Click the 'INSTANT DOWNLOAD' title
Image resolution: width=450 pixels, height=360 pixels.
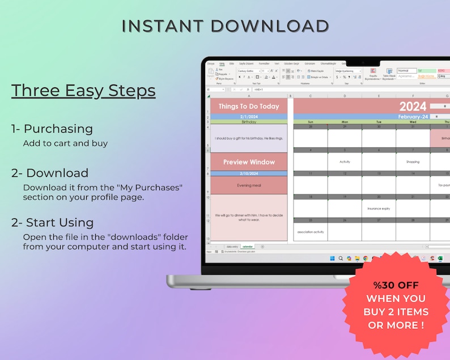point(225,26)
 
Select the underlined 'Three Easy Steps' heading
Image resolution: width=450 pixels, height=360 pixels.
point(83,90)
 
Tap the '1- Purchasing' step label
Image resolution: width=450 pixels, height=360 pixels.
point(52,129)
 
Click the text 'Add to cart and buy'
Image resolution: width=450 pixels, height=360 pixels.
point(65,143)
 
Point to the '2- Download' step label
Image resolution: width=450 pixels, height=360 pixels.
point(50,173)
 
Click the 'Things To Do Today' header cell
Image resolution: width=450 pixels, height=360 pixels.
point(249,107)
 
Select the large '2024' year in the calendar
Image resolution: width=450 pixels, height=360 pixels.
point(413,106)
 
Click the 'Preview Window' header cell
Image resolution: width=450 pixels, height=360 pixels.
point(249,162)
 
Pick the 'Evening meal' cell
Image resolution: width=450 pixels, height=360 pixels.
point(249,185)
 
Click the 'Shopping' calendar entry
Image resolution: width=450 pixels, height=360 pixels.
point(413,162)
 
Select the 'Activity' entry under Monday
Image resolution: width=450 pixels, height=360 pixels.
point(345,162)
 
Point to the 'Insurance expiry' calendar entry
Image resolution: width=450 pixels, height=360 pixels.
point(379,208)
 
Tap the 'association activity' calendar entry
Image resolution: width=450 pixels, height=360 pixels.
point(311,232)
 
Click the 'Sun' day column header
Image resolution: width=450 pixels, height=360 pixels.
point(311,122)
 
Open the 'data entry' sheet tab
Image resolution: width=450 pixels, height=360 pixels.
point(232,247)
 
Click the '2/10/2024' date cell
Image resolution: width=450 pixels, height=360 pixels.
point(249,173)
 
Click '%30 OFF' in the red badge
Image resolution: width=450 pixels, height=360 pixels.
point(396,285)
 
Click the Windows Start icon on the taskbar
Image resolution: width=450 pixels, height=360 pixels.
point(332,259)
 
